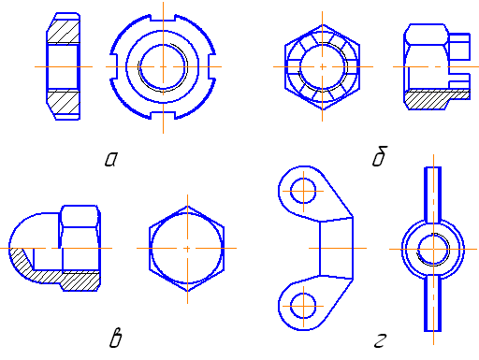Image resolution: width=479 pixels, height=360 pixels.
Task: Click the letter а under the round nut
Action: tap(111, 159)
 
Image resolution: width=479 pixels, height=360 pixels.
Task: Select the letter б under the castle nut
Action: tap(380, 156)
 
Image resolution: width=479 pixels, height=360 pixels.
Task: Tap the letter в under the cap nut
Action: tap(116, 338)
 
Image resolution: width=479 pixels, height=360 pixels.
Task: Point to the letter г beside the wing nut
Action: tap(380, 340)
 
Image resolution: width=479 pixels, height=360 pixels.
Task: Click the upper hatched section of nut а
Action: tap(64, 31)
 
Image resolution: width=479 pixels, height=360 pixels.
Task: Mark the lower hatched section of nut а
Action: tap(64, 102)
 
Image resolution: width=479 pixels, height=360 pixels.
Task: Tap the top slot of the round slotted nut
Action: tap(163, 18)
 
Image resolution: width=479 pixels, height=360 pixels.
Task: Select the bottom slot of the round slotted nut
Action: tap(163, 116)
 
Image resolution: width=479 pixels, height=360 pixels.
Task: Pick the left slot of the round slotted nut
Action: tap(114, 66)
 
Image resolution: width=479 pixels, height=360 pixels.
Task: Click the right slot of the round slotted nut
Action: tap(212, 66)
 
